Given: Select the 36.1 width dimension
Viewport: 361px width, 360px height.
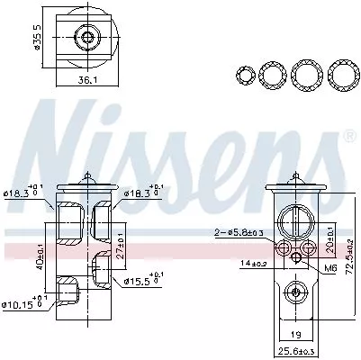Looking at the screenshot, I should (x=86, y=80).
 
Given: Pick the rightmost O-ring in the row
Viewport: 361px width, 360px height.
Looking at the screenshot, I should (x=339, y=73).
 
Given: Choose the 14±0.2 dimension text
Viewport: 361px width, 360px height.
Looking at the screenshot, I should (x=251, y=263).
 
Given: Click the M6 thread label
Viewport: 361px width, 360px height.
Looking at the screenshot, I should (x=329, y=266).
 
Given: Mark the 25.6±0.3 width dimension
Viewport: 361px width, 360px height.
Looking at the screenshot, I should (x=296, y=350).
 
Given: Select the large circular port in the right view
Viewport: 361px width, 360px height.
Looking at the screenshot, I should (x=295, y=221).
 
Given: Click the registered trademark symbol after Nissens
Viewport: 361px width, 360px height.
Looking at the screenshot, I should (x=347, y=137).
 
